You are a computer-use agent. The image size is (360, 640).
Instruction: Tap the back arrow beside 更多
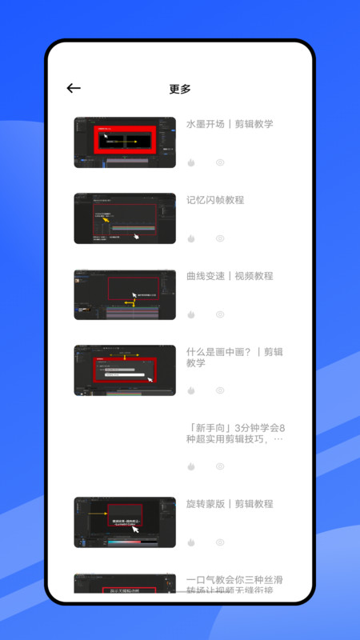coord(74,89)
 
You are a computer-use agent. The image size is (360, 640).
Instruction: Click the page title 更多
coord(180,89)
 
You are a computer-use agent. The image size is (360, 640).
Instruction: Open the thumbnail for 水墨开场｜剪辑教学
coord(125,142)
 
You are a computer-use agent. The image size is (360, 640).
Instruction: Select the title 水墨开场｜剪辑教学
coord(230,124)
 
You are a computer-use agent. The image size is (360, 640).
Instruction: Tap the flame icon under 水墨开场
coord(191,162)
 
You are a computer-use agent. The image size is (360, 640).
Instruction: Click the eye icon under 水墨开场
coord(220,162)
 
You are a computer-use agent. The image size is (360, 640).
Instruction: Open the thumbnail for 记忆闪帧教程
coord(125,218)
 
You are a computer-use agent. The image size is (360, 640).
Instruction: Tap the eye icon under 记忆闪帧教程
coord(220,238)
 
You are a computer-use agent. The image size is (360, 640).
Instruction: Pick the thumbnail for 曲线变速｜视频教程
coord(125,294)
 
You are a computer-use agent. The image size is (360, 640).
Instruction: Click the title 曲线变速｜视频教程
coord(230,276)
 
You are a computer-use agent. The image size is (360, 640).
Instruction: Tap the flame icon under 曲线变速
coord(191,314)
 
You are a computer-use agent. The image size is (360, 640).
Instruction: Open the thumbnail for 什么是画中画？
coord(125,370)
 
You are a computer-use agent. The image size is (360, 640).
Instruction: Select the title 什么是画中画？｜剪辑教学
coord(234,357)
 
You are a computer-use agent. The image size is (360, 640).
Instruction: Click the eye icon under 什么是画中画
coord(220,390)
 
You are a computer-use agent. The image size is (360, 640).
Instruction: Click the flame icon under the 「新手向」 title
coord(191,466)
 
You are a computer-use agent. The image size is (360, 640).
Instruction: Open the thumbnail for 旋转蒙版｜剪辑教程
coord(125,522)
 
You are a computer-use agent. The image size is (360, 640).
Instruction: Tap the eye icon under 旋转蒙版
coord(220,542)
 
